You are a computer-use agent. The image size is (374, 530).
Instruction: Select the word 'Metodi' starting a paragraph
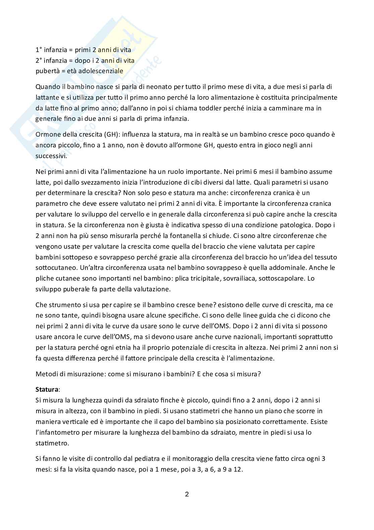point(46,374)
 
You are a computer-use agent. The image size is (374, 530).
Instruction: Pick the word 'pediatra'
point(157,459)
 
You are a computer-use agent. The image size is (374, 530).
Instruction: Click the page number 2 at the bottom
point(187,494)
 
